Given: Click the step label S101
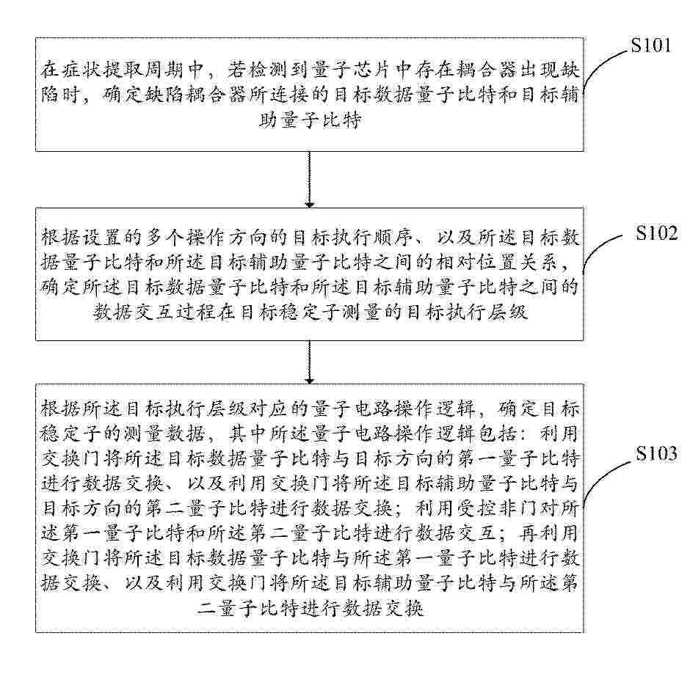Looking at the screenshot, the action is [x=651, y=45].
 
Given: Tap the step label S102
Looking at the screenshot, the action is [x=656, y=233].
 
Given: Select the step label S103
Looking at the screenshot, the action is [x=656, y=453].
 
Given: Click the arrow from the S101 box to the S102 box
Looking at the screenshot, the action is [x=310, y=180].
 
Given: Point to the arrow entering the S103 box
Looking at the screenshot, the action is [x=310, y=362].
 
